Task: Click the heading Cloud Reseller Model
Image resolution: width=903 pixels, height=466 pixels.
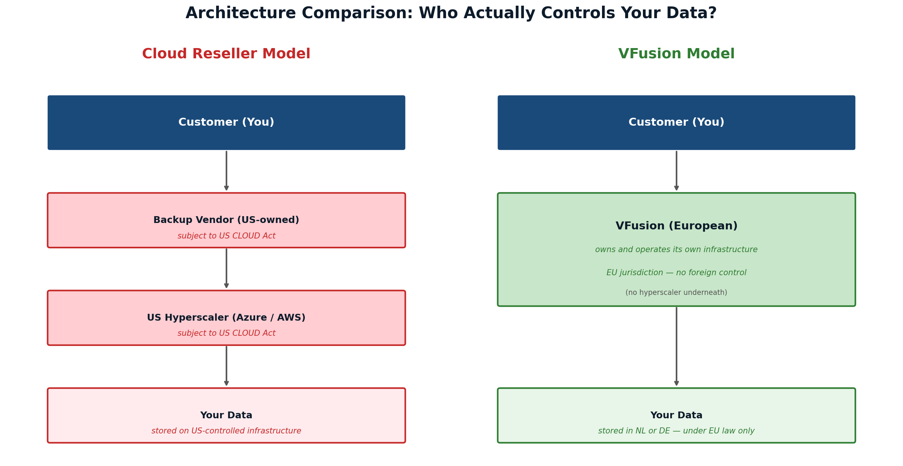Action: [226, 54]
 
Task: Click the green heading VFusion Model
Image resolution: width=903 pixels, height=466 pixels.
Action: [676, 54]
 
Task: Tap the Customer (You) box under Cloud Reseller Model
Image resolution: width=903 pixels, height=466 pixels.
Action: [226, 122]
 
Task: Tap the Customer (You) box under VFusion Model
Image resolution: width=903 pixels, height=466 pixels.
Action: [676, 122]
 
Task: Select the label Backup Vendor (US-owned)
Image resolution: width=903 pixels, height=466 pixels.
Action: [226, 220]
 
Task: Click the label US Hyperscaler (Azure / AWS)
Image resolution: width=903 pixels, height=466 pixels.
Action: [226, 318]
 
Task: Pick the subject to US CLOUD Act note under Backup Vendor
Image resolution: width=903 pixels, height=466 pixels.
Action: [226, 236]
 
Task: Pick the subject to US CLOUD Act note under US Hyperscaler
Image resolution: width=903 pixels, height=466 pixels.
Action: [226, 334]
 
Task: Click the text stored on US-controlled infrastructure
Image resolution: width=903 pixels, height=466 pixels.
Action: [226, 431]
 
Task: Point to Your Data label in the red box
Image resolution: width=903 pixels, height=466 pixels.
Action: [226, 415]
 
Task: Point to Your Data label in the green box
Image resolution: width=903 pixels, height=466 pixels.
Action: [676, 415]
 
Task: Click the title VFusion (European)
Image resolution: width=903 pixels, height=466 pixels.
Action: [676, 226]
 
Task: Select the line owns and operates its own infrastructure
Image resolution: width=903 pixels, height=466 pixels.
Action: [676, 250]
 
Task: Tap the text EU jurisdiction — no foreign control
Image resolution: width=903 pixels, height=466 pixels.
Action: [676, 273]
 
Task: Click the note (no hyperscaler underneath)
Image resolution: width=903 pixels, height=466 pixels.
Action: [676, 293]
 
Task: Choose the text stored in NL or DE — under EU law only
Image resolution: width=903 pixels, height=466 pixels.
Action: [676, 431]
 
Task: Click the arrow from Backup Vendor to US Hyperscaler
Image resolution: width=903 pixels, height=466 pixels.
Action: [226, 268]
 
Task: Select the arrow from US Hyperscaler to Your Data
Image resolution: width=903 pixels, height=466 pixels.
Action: [226, 366]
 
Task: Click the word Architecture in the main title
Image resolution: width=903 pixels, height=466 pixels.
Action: [240, 13]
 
